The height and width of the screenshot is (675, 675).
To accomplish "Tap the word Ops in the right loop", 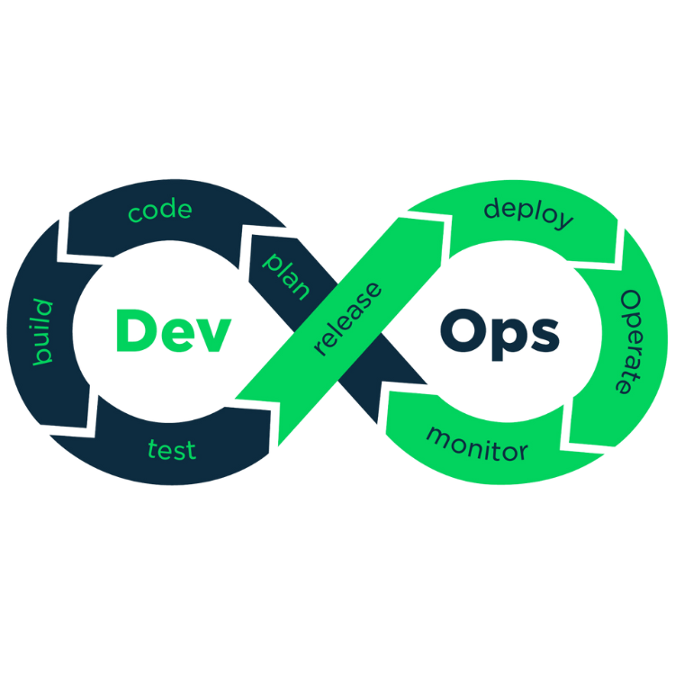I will (x=500, y=331).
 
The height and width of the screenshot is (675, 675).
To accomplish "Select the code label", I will (x=160, y=211).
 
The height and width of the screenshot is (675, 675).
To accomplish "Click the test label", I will (x=171, y=449).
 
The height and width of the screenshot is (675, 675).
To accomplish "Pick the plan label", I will (x=286, y=276).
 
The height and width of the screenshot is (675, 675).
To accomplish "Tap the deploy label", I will (x=528, y=213).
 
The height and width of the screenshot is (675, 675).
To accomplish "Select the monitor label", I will (x=476, y=443).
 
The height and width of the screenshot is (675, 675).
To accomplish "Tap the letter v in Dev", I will (x=212, y=335).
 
